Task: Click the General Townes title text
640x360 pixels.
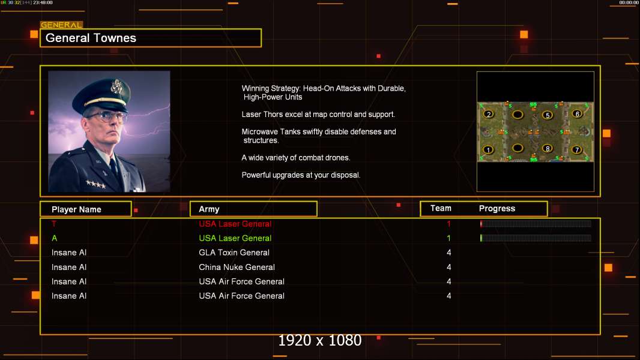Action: point(91,38)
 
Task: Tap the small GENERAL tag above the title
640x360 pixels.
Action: point(61,25)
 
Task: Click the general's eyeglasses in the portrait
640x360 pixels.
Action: point(106,116)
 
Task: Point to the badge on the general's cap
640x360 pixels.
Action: point(116,87)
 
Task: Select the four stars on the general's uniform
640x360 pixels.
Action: point(96,184)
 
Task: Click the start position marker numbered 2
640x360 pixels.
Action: point(489,114)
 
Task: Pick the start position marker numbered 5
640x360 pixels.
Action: point(548,115)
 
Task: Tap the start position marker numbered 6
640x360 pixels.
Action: point(577,114)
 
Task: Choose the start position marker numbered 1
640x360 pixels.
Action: point(488,149)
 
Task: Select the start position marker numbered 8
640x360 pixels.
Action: point(548,148)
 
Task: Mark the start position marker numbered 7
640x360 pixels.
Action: point(577,149)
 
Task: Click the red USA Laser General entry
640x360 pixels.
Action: point(235,224)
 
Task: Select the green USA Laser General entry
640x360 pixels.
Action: point(235,238)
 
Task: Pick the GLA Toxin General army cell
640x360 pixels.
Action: point(234,253)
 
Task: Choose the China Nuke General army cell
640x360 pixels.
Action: point(237,267)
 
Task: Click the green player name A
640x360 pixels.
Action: point(54,238)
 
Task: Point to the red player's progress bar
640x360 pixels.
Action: point(536,223)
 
